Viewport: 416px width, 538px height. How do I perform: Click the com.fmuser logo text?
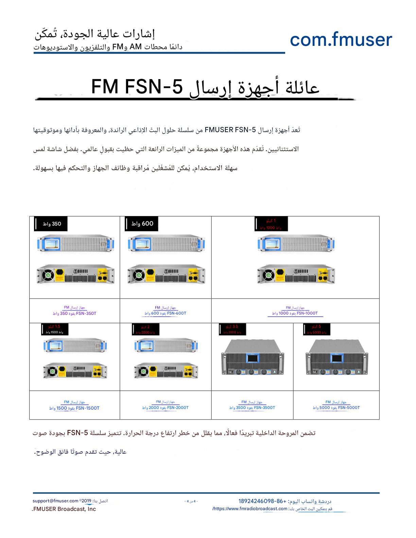(341, 39)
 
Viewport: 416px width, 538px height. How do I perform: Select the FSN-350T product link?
(74, 311)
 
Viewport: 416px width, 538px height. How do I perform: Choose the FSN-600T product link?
(166, 311)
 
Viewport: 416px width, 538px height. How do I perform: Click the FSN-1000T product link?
(295, 311)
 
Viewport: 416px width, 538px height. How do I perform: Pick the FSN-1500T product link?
(74, 405)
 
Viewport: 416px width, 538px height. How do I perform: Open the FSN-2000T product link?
(166, 405)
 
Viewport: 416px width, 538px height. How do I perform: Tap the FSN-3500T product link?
(252, 405)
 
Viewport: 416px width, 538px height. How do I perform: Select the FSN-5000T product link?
(336, 405)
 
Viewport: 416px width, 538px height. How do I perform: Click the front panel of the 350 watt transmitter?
(75, 244)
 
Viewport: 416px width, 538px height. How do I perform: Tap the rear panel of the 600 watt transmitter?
(166, 274)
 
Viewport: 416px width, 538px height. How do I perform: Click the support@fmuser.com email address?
(55, 501)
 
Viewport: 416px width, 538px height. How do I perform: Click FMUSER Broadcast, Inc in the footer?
(64, 509)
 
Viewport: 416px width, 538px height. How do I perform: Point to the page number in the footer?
(191, 501)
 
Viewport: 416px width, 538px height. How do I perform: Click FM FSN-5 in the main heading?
(137, 87)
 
